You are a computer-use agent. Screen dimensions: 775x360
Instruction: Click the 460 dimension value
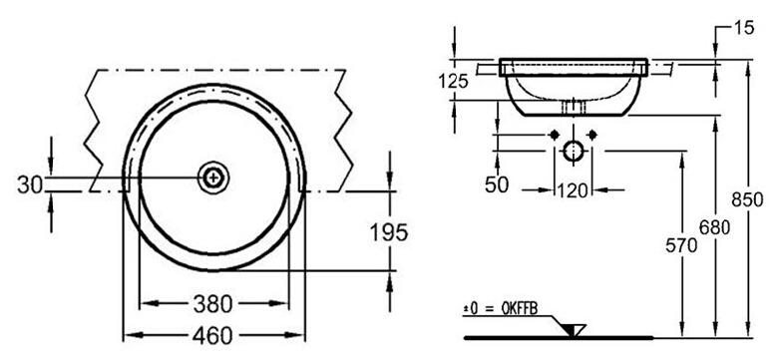pos(212,336)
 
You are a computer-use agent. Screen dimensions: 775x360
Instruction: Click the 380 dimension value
pos(212,305)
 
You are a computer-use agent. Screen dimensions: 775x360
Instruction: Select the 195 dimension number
pos(389,232)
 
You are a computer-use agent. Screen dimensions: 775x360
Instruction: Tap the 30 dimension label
pos(30,184)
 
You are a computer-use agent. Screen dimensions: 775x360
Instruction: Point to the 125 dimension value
pos(453,81)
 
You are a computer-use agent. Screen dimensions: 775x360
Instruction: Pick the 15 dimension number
pos(744,29)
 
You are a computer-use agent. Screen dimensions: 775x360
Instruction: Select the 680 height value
pos(714,227)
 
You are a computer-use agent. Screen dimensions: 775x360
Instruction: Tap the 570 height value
pos(681,245)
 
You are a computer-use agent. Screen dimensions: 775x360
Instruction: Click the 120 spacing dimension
pos(573,190)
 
